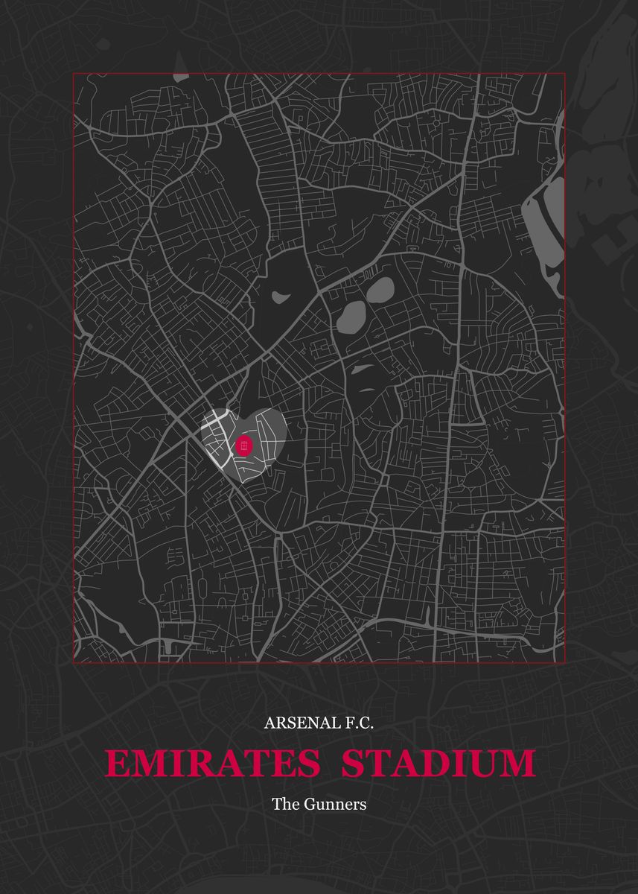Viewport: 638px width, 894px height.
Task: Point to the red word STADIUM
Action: pyautogui.click(x=438, y=764)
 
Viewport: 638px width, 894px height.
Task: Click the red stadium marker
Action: pyautogui.click(x=244, y=446)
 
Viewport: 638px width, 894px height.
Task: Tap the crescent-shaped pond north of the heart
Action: pyautogui.click(x=280, y=297)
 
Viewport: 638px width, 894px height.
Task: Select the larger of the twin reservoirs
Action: pyautogui.click(x=351, y=317)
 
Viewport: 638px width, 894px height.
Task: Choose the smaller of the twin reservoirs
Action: pyautogui.click(x=380, y=290)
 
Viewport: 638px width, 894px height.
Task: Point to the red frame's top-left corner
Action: pyautogui.click(x=73, y=73)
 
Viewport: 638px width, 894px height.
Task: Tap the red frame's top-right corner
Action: pyautogui.click(x=565, y=73)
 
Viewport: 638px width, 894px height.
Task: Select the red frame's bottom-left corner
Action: pyautogui.click(x=73, y=662)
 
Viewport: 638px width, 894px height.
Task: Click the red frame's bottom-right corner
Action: pyautogui.click(x=565, y=662)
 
